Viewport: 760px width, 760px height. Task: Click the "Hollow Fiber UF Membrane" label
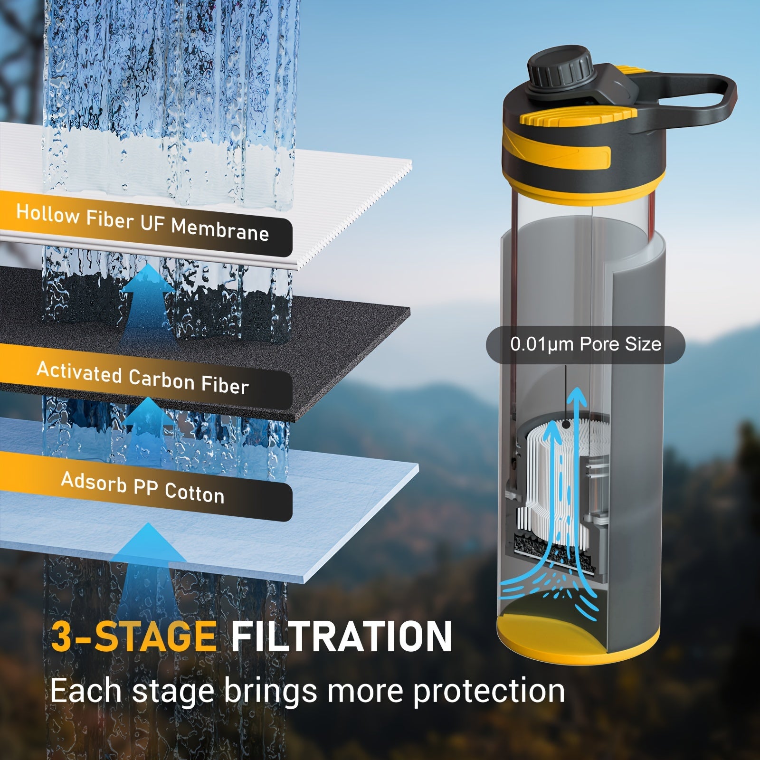[x=142, y=223]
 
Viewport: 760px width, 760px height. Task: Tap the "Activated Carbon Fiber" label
[x=142, y=378]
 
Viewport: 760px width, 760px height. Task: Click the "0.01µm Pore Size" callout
[x=585, y=345]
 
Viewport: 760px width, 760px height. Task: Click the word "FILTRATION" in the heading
[x=341, y=637]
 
